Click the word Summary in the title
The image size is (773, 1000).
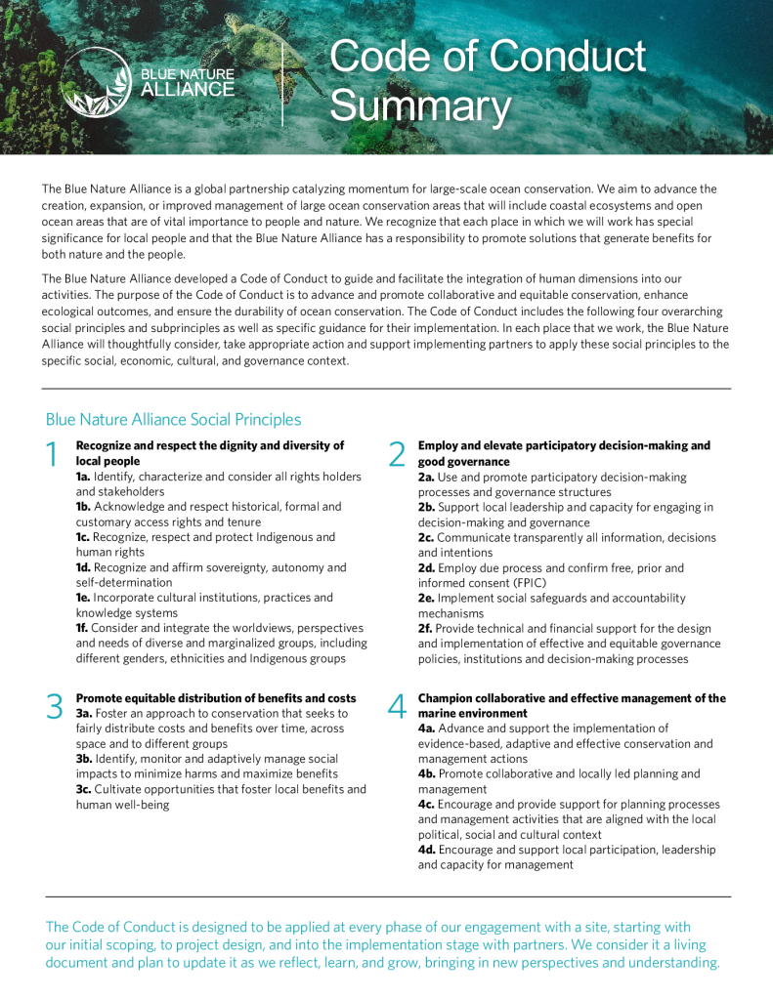pyautogui.click(x=420, y=105)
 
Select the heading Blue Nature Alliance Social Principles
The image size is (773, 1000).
pyautogui.click(x=173, y=419)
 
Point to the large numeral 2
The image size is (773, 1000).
pyautogui.click(x=396, y=454)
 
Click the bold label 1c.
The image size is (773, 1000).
pyautogui.click(x=85, y=537)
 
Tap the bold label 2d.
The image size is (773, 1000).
pyautogui.click(x=427, y=567)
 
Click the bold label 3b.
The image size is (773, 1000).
pyautogui.click(x=86, y=759)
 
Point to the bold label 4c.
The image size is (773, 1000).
pyautogui.click(x=427, y=805)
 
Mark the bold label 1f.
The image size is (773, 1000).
pyautogui.click(x=84, y=628)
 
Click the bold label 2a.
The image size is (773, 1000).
pyautogui.click(x=427, y=477)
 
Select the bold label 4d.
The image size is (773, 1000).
pyautogui.click(x=427, y=850)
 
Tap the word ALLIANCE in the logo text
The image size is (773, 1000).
pyautogui.click(x=188, y=90)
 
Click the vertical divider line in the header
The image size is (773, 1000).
pyautogui.click(x=282, y=82)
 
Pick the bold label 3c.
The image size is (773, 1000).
pyautogui.click(x=85, y=789)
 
